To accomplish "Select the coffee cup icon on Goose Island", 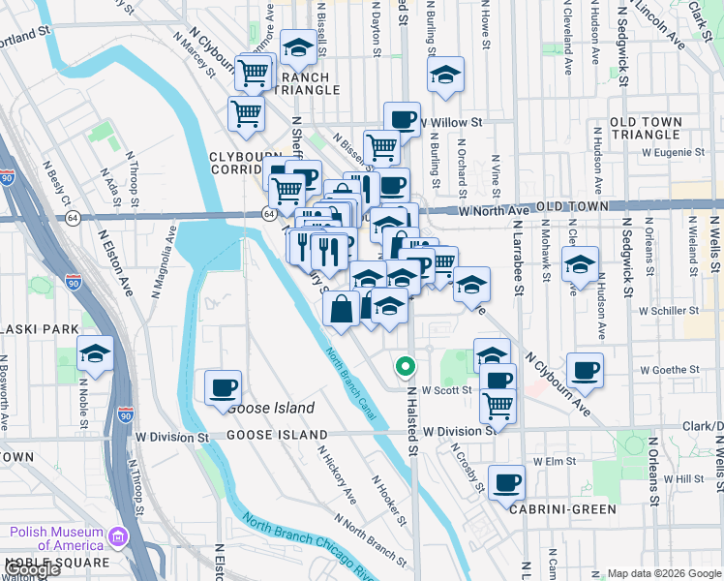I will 223,387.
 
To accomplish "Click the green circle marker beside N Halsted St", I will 406,367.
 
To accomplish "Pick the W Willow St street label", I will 452,123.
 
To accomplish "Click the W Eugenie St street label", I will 674,152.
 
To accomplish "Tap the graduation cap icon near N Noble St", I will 95,354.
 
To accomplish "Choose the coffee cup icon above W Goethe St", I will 585,369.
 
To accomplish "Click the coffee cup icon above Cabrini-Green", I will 506,482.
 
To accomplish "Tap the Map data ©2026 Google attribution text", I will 663,572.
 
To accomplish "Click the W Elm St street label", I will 548,462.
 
